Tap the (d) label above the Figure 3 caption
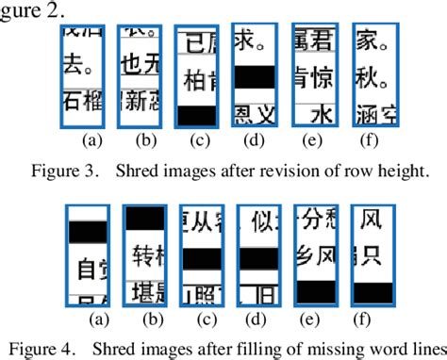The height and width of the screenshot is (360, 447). coord(254,141)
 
